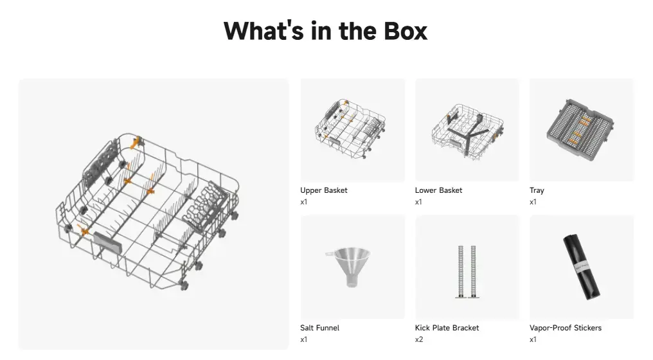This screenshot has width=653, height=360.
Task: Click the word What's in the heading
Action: [264, 31]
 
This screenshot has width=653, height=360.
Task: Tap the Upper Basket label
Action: [323, 190]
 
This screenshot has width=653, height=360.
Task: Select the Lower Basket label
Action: [438, 190]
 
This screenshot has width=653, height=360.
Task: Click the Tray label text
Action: [537, 190]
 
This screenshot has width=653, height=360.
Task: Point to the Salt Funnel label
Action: [320, 328]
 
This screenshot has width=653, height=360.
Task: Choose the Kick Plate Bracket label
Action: [447, 328]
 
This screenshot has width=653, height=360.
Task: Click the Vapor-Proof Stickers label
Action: [566, 328]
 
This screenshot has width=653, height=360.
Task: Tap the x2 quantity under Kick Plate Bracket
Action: [419, 339]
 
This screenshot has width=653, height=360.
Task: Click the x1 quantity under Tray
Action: [533, 202]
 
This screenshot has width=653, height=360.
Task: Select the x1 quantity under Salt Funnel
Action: [304, 339]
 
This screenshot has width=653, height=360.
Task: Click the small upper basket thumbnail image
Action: [350, 129]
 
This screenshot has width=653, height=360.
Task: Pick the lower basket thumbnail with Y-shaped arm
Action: [467, 130]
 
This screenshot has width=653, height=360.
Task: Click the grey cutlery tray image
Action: [580, 130]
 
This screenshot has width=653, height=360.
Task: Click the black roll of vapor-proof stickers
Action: [582, 267]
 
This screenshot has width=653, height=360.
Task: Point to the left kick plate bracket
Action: [461, 272]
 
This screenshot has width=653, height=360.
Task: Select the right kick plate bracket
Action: [474, 272]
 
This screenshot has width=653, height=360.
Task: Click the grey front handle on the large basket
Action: [108, 242]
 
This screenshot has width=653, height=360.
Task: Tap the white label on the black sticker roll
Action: [582, 267]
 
